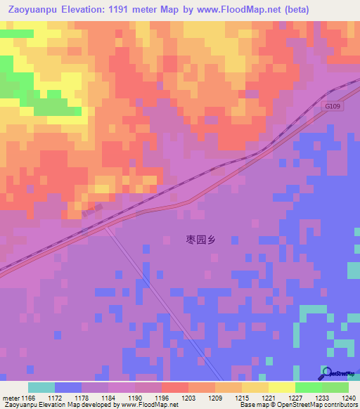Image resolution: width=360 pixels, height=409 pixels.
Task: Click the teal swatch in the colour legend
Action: point(41,387)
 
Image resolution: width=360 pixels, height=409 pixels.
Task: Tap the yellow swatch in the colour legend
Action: point(281,387)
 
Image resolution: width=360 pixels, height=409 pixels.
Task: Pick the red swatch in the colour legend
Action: point(174,387)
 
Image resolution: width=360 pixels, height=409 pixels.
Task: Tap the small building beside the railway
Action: point(91,209)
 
